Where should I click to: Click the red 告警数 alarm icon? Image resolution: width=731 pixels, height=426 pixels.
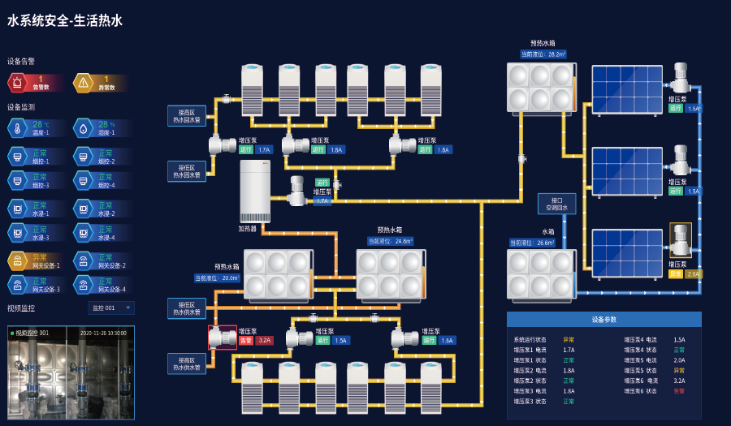coord(18,83)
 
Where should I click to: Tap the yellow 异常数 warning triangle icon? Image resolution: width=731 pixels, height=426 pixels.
coord(84,83)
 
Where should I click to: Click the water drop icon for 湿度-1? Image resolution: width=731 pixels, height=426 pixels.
coord(84,127)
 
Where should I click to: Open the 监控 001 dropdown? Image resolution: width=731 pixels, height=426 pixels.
coord(111,308)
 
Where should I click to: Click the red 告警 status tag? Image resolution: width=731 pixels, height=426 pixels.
coord(246,341)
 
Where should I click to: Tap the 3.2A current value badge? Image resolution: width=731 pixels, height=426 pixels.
coord(264,341)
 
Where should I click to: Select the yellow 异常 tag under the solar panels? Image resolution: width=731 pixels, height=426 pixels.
coord(676,274)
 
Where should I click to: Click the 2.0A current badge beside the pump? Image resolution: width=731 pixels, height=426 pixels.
coord(693,274)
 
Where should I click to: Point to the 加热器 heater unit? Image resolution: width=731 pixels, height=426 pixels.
coord(254,191)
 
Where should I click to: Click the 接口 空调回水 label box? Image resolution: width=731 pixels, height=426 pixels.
coord(556,204)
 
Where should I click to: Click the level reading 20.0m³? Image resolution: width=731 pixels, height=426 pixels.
coord(217,278)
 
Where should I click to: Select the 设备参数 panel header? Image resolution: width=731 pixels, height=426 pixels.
coord(603,319)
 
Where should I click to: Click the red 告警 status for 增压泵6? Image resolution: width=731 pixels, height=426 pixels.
coord(679,391)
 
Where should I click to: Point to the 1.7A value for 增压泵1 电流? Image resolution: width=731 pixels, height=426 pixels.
coord(569,350)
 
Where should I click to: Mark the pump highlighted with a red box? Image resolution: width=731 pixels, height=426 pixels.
coord(222,338)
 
